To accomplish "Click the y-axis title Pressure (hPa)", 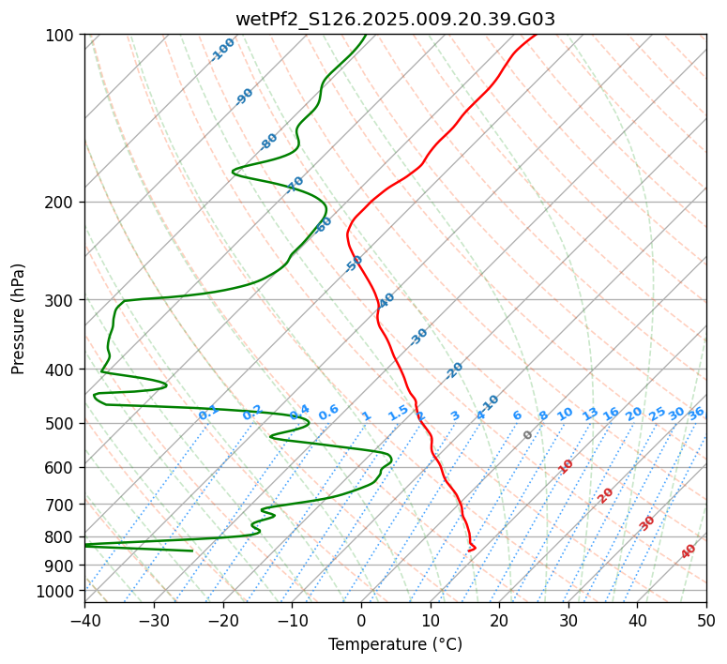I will (19, 318).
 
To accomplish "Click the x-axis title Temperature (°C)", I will (395, 644).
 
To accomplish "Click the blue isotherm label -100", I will (223, 50).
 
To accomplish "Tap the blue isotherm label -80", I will (269, 142).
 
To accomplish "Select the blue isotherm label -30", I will (418, 337).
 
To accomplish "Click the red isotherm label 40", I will (689, 551).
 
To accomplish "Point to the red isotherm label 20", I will (606, 495).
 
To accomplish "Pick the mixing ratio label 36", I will (696, 413).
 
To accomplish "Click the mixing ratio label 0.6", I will (328, 413).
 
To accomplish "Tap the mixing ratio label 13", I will (590, 414).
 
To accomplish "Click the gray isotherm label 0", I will (528, 435).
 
